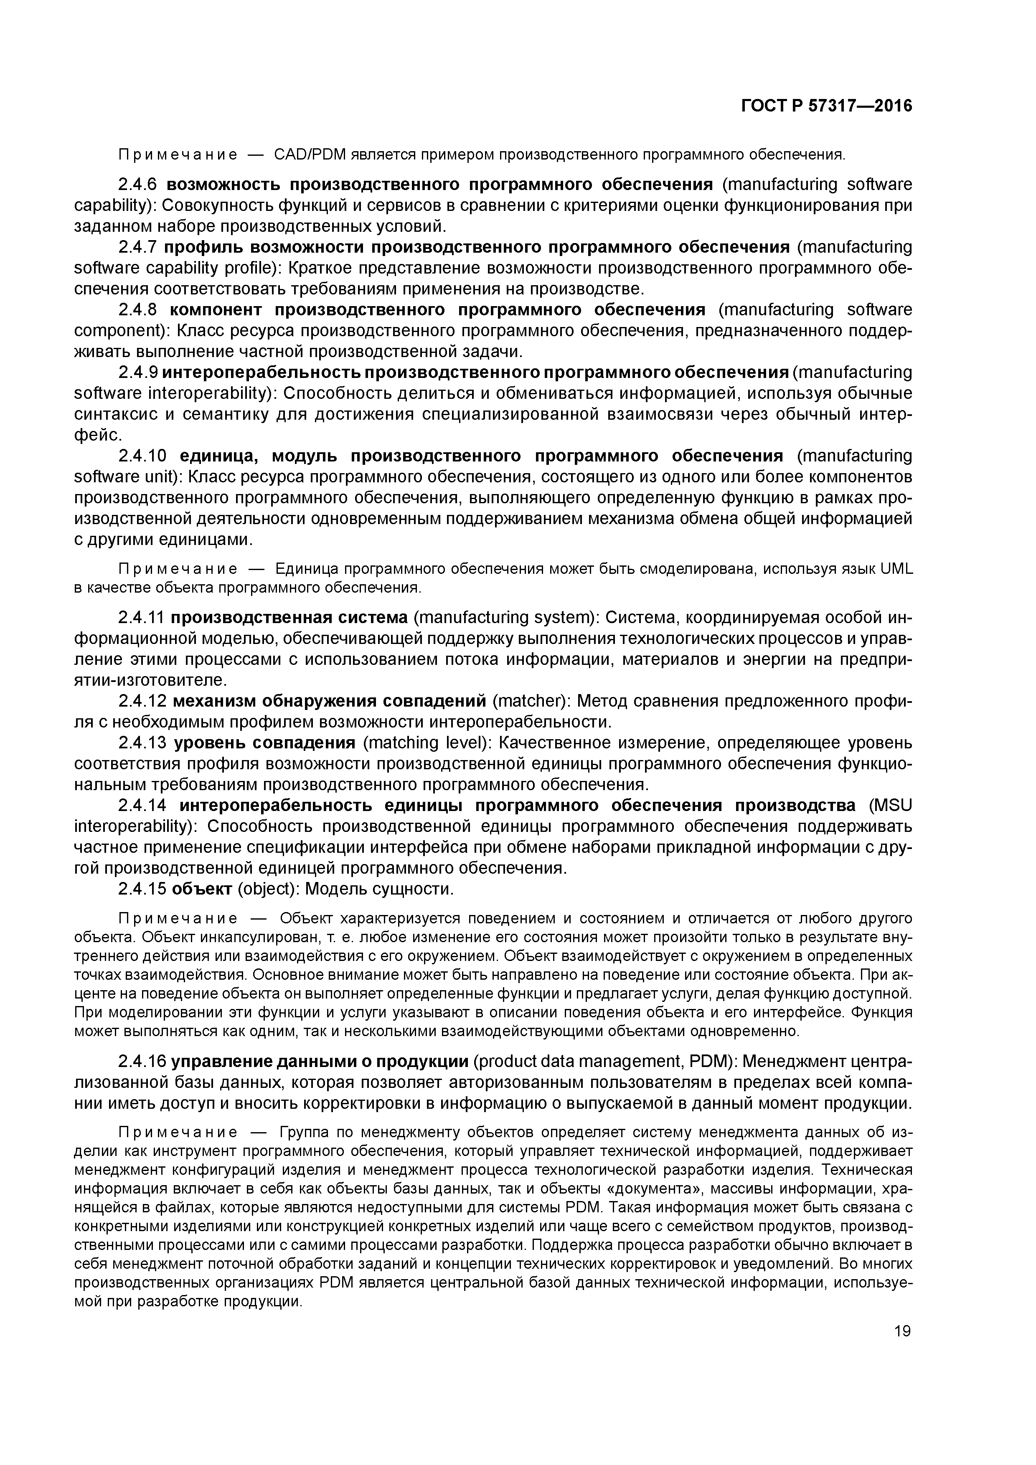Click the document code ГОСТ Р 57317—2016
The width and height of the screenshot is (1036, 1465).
point(827,106)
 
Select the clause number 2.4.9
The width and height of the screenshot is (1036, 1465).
point(137,372)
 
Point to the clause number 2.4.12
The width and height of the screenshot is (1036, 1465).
point(142,701)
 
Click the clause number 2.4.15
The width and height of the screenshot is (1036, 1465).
point(142,889)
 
